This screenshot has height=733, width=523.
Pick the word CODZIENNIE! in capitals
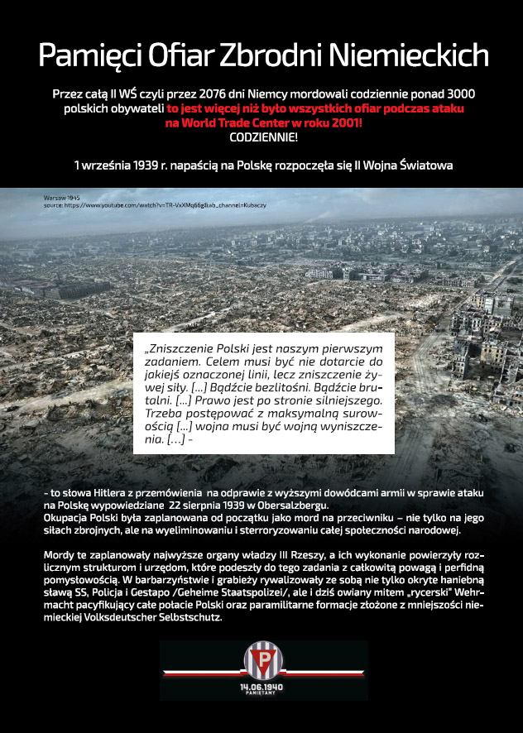262,137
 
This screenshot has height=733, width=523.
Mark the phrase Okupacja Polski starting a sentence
79,518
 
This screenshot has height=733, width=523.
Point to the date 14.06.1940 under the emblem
261,686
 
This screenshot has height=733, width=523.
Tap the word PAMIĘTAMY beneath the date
261,694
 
